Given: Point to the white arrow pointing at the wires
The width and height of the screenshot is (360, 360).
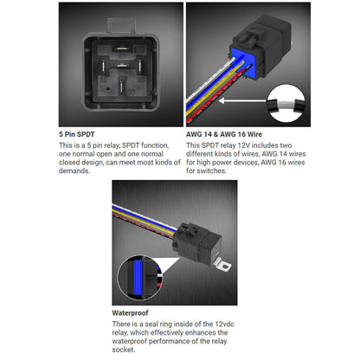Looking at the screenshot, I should (231, 101).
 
